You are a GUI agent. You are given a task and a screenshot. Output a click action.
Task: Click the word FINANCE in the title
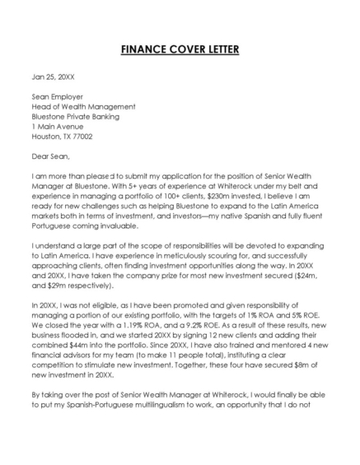coord(142,49)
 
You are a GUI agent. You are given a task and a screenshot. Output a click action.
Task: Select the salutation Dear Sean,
coord(51,156)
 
